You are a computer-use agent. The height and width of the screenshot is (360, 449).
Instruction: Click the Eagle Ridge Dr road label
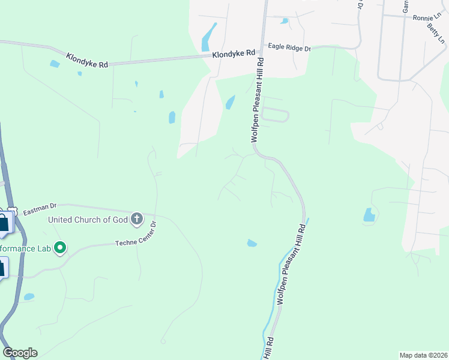pyautogui.click(x=289, y=47)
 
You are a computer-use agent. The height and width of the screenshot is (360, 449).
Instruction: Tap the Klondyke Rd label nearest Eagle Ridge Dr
pyautogui.click(x=234, y=54)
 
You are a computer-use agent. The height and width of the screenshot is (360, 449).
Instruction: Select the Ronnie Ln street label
pyautogui.click(x=426, y=18)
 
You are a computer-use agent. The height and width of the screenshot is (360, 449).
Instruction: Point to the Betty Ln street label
pyautogui.click(x=436, y=34)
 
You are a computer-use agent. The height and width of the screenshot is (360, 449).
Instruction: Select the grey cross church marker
pyautogui.click(x=137, y=219)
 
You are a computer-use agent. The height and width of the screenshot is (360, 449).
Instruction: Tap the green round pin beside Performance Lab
pyautogui.click(x=60, y=247)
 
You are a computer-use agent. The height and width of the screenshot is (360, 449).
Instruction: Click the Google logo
pyautogui.click(x=20, y=353)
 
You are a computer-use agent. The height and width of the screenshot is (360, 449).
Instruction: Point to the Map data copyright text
pyautogui.click(x=423, y=355)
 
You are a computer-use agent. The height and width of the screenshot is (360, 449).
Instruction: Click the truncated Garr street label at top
pyautogui.click(x=406, y=6)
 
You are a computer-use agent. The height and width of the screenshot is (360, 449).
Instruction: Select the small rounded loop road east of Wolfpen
pyautogui.click(x=275, y=115)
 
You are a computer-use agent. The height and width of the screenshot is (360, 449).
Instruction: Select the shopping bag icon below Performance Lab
pyautogui.click(x=2, y=267)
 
